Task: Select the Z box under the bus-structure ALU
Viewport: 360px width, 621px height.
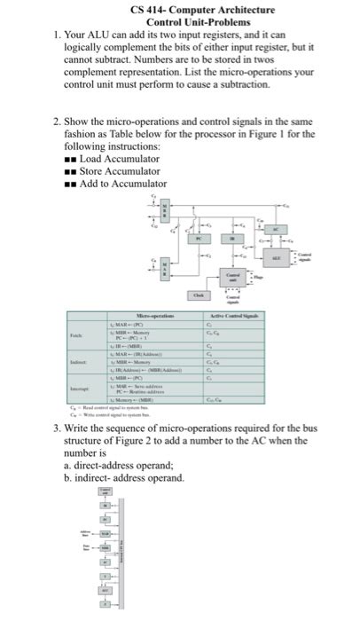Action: (104, 604)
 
